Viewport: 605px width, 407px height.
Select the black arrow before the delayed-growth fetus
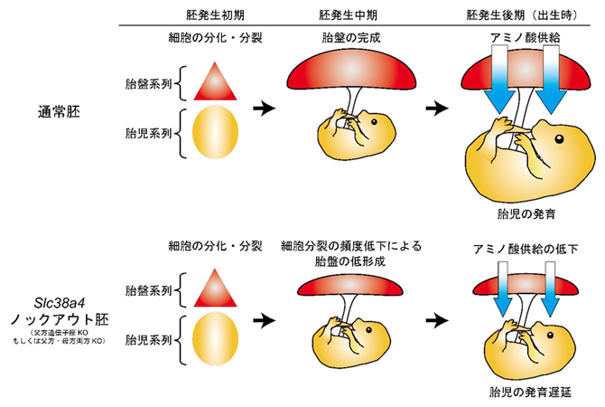[x=437, y=320]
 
